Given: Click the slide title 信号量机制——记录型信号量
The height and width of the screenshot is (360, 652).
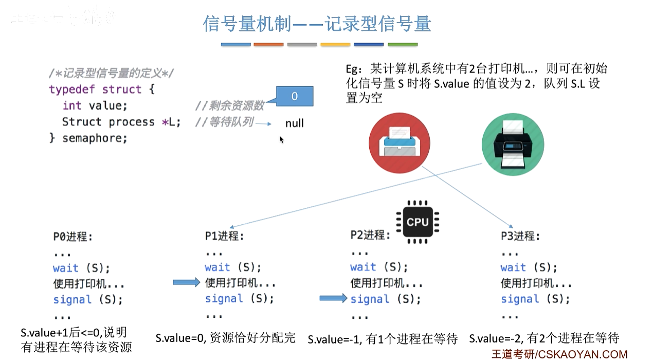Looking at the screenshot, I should tap(317, 24).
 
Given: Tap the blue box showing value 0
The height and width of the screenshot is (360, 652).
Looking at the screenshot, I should tap(294, 96).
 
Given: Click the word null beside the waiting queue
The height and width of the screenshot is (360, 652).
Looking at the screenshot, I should tap(294, 123).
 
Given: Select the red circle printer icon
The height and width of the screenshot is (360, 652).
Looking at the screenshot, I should tap(400, 141).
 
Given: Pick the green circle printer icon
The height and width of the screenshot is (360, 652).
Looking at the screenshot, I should tap(512, 141).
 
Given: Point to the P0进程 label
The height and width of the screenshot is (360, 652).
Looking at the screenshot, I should tap(73, 237).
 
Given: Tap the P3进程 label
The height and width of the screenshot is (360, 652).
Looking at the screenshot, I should tap(520, 236).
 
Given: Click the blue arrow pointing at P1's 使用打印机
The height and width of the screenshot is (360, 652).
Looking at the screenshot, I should tap(185, 282).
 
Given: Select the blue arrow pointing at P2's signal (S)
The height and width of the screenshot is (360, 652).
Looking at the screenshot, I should tap(333, 298).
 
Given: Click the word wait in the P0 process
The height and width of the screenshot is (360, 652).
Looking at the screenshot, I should tap(66, 268).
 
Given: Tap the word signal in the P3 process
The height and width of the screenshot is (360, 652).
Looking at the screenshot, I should tap(519, 299).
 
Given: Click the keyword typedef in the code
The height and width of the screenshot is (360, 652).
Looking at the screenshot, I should tap(72, 89).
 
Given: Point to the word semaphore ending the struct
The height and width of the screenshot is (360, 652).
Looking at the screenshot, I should tap(94, 138).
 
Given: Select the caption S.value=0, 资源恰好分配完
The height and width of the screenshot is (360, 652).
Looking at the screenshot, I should tap(226, 338).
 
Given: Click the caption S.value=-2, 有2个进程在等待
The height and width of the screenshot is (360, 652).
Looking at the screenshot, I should tap(544, 338).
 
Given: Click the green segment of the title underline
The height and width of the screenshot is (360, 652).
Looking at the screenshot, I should tap(403, 45).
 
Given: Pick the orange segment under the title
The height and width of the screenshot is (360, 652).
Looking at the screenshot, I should tap(268, 45).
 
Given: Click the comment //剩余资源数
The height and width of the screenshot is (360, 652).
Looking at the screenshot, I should tap(229, 105).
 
